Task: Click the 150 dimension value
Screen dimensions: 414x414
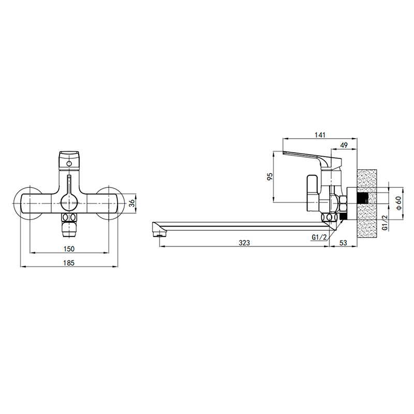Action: [x=69, y=249]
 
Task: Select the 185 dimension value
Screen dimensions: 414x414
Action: [x=69, y=263]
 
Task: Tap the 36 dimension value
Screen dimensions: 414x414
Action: [x=132, y=203]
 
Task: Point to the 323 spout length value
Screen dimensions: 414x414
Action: [x=244, y=243]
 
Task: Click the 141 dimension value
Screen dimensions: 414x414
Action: [x=320, y=135]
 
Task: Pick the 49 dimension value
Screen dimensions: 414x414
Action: [x=344, y=145]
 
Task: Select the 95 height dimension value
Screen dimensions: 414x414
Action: [x=270, y=176]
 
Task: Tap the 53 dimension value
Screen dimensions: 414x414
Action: [x=343, y=243]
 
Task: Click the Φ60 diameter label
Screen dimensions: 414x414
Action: [x=398, y=203]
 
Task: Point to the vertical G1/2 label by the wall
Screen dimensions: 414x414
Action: [x=385, y=223]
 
